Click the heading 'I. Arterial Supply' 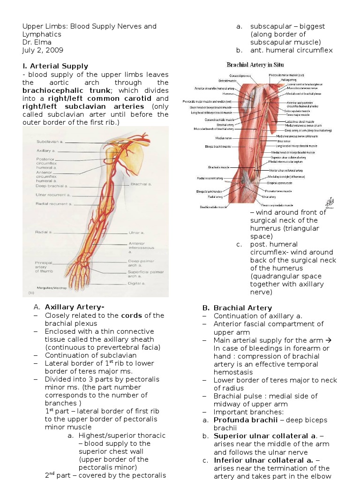point(55,66)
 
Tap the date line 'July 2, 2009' point(43,50)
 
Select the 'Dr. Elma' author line point(37,42)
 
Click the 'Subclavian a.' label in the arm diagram point(49,142)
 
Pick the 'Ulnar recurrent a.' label point(53,195)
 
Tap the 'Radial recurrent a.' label point(54,204)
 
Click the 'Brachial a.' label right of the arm point(141,184)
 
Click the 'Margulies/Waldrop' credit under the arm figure point(50,287)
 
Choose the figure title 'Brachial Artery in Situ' point(255,65)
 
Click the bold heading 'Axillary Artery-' point(75,307)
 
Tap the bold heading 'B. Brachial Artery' point(237,308)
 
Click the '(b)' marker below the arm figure point(32,293)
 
